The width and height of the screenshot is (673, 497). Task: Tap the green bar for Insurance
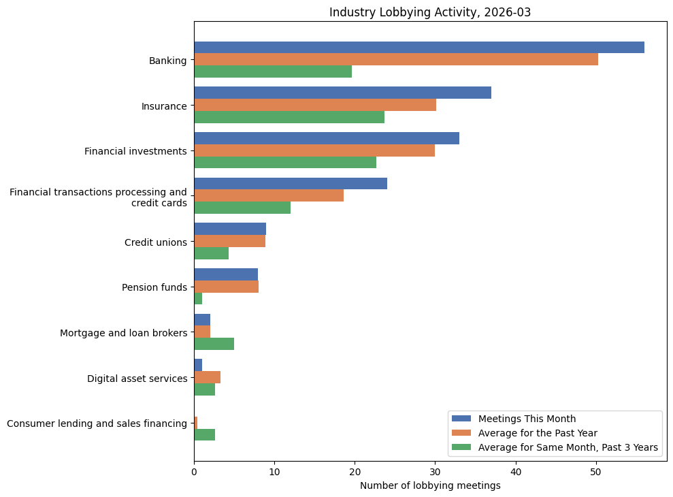(289, 117)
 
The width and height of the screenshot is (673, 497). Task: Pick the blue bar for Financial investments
(326, 138)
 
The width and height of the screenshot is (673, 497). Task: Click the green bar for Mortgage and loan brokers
(214, 344)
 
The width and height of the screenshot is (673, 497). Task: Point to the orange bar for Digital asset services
(207, 377)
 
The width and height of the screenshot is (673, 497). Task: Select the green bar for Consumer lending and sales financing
(204, 435)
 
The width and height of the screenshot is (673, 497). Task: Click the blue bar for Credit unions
(229, 229)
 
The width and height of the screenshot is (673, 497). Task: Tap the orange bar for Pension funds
(226, 287)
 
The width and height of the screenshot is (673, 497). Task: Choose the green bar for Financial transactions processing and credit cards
(242, 208)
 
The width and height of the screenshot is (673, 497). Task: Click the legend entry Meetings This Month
(527, 419)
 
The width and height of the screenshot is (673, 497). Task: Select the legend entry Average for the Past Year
(538, 433)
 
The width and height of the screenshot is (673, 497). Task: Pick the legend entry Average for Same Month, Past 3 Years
(568, 447)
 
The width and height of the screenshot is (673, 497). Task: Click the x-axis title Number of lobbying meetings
(430, 485)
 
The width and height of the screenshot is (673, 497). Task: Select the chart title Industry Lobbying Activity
(430, 12)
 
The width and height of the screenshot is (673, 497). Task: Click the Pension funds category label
(154, 287)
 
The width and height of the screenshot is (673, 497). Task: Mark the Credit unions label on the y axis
(155, 242)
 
